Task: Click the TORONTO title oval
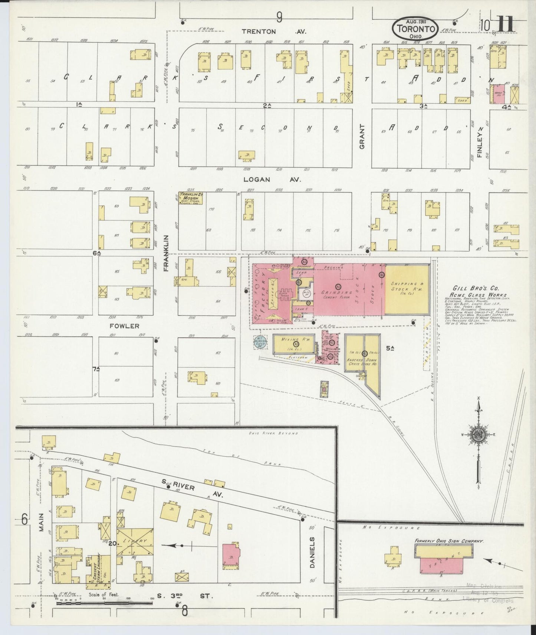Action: (x=416, y=28)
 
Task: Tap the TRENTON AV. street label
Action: (x=272, y=32)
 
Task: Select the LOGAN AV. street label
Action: (x=272, y=180)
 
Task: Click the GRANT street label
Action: (x=362, y=136)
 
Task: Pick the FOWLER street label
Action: (x=124, y=326)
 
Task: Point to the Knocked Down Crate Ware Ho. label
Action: (x=362, y=362)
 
